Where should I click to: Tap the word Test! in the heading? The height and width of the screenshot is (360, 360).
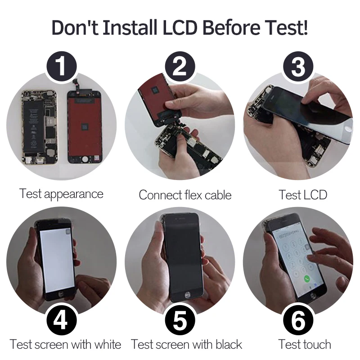coord(285,27)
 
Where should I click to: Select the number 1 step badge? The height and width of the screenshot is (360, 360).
coord(62,66)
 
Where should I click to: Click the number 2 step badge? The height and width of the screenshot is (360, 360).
coord(180,66)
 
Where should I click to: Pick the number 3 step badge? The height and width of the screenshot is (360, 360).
coord(298,66)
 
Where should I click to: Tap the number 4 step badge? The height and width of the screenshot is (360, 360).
coord(62,320)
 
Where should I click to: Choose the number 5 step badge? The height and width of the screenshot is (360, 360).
coord(180,320)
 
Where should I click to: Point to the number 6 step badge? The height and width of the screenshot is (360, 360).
coord(298,320)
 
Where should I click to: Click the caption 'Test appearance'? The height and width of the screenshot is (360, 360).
coord(61,194)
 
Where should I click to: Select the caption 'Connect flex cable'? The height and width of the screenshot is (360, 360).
coord(185,195)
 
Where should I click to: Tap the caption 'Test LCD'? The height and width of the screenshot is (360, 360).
coord(303,195)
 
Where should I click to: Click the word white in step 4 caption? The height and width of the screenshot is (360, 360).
coord(108,345)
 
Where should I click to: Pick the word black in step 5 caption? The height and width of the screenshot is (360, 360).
coord(229,345)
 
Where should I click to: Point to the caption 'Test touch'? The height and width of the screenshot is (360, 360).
coord(305,345)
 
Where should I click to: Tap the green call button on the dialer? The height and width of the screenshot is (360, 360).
coord(307,279)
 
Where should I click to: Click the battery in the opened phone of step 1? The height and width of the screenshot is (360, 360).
coord(33,127)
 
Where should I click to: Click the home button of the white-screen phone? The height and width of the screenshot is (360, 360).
coord(60,294)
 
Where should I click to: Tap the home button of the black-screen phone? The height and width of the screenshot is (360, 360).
coord(188,295)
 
